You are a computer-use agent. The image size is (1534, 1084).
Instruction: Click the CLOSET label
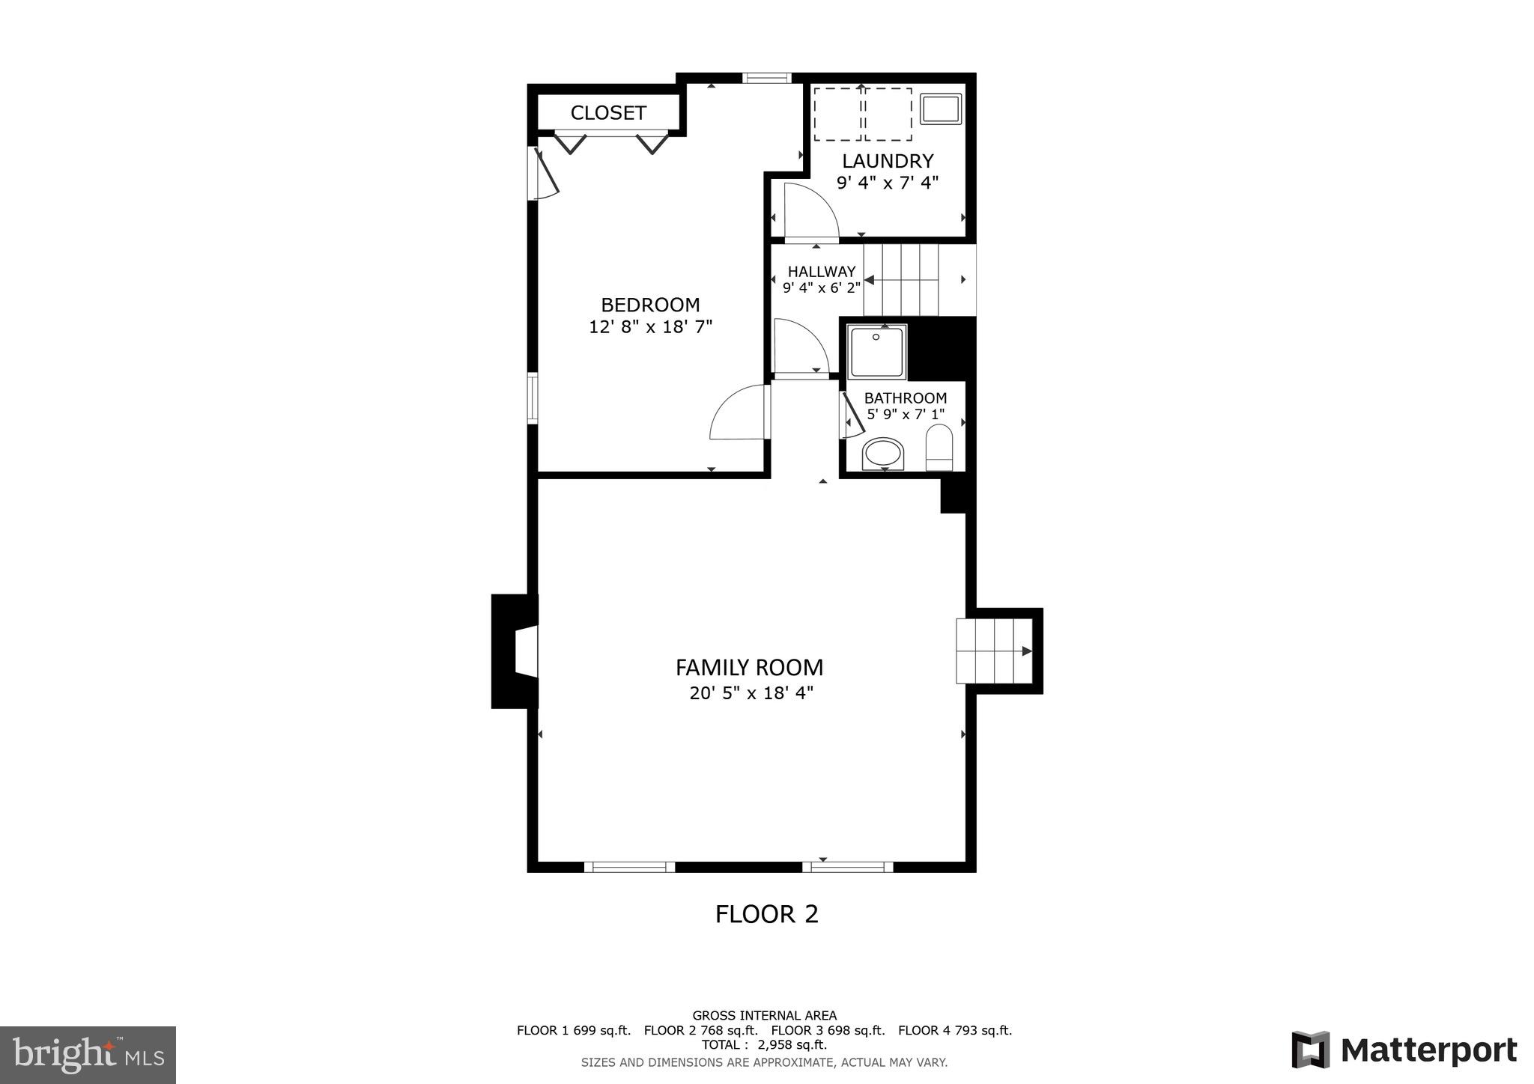pos(607,113)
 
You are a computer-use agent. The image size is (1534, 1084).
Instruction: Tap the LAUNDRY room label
pos(888,161)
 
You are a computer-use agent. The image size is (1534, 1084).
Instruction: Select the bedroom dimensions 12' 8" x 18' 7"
pos(650,327)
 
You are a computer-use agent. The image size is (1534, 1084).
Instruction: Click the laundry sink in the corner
pos(940,109)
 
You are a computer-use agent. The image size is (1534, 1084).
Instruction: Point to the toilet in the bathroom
pos(939,447)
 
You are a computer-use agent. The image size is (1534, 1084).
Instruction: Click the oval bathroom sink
pos(883,454)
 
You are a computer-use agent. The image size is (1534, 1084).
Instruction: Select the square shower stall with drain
pos(876,350)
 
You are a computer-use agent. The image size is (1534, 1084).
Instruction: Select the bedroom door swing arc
pos(738,413)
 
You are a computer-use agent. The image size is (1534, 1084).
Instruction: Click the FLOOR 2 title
pos(766,914)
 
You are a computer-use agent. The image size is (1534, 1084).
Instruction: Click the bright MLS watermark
pos(88,1055)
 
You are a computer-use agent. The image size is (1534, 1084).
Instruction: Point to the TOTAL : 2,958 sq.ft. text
pos(764,1044)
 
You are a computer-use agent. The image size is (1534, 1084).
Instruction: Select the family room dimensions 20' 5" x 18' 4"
pos(751,693)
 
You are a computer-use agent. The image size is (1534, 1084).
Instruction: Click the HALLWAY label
pos(821,272)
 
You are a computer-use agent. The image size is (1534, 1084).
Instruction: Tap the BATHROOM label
pos(905,398)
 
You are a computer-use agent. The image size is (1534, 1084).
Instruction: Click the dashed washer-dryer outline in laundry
pos(862,114)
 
